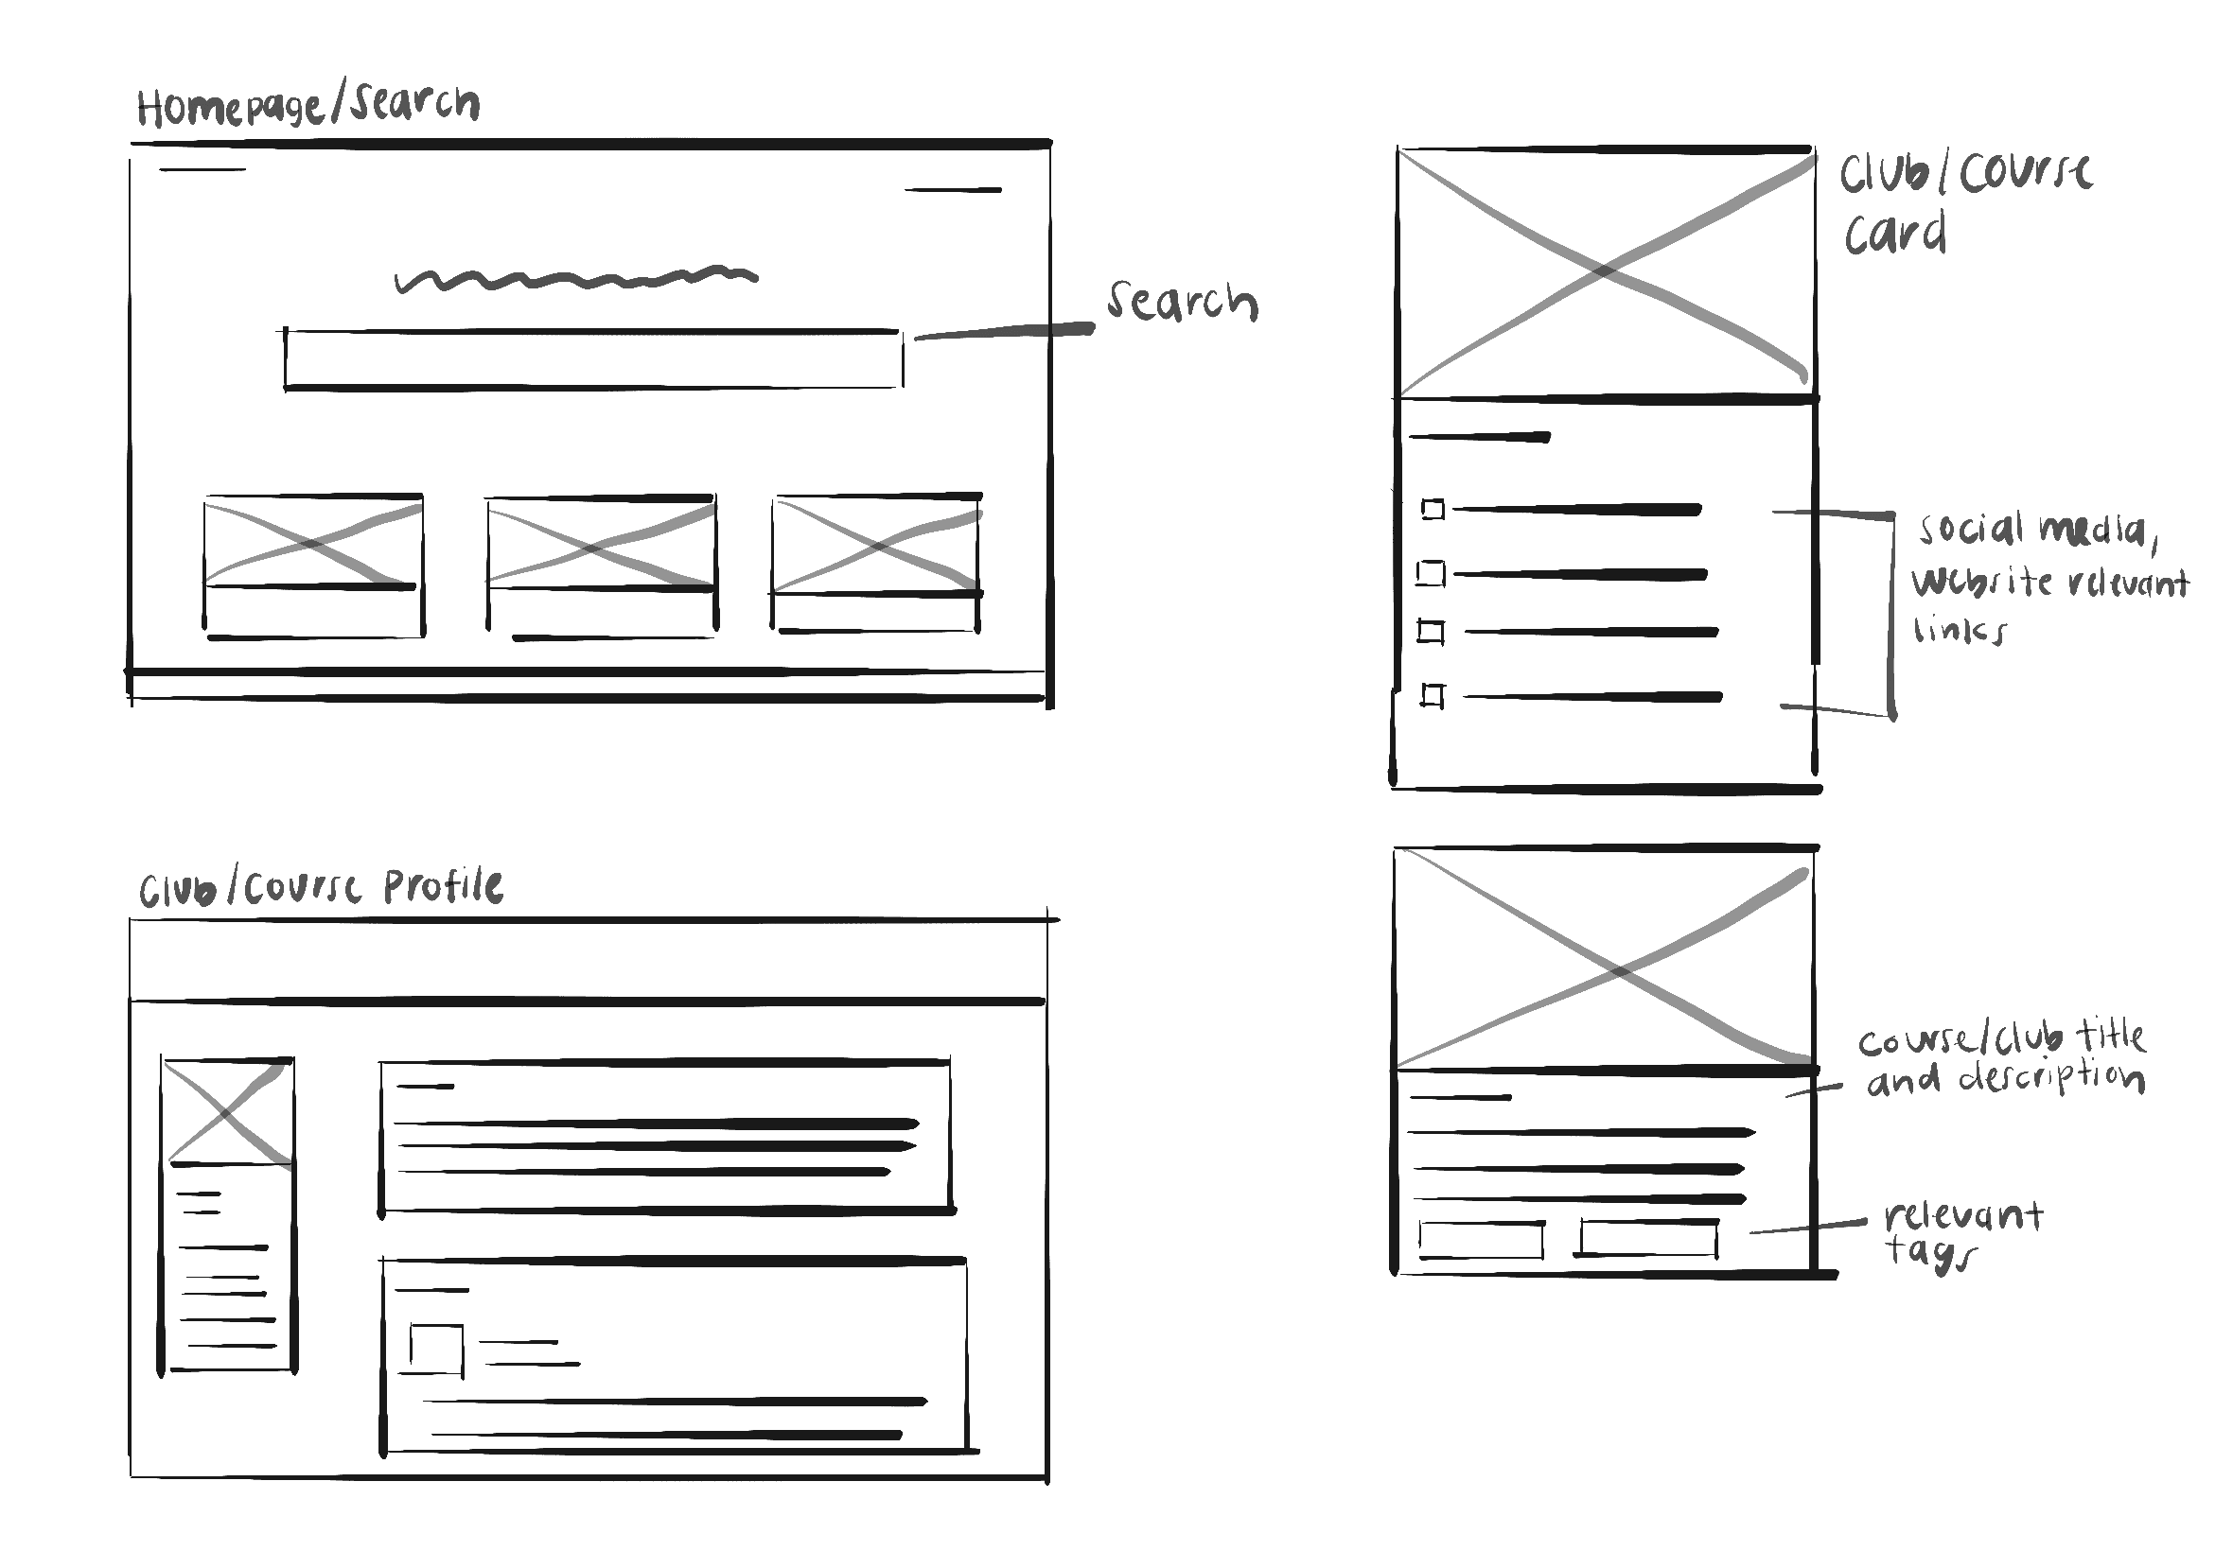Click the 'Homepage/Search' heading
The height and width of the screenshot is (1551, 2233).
[308, 105]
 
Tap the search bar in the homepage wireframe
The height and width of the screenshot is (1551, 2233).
[593, 359]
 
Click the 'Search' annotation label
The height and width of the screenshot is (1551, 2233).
[1182, 303]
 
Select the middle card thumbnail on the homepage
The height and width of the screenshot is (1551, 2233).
[601, 543]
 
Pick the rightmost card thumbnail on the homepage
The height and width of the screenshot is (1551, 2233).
[876, 544]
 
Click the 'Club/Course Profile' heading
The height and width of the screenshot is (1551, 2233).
[321, 886]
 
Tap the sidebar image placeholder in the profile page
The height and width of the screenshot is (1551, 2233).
[227, 1112]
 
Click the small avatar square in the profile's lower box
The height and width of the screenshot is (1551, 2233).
[435, 1349]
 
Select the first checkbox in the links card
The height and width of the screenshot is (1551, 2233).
[1432, 509]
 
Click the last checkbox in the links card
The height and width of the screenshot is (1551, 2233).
[1432, 696]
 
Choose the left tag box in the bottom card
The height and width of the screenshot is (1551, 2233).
[1481, 1240]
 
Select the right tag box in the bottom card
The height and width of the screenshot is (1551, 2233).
[1647, 1238]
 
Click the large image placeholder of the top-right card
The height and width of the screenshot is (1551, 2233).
[1605, 273]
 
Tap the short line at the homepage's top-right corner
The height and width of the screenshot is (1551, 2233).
[952, 190]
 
